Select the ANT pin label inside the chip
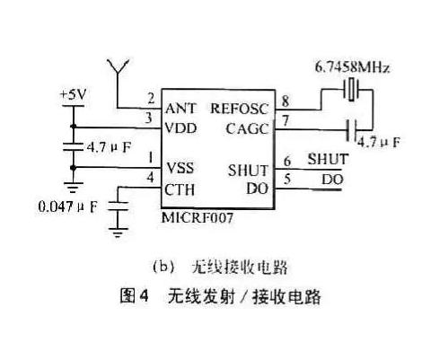point(180,108)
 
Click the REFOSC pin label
point(240,108)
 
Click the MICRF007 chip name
point(194,216)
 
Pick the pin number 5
point(286,179)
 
